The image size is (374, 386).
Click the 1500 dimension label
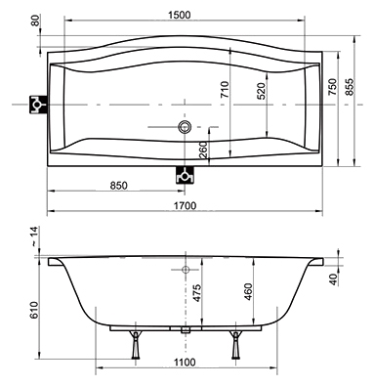[180, 15]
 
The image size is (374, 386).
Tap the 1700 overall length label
[186, 205]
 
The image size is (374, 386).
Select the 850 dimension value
[119, 186]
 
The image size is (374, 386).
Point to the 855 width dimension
[349, 87]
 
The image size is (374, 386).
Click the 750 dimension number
[332, 87]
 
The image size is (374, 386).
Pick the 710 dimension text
[225, 90]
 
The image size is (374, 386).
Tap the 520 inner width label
[262, 91]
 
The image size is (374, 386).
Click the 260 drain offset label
[204, 150]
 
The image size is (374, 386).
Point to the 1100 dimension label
[185, 363]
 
